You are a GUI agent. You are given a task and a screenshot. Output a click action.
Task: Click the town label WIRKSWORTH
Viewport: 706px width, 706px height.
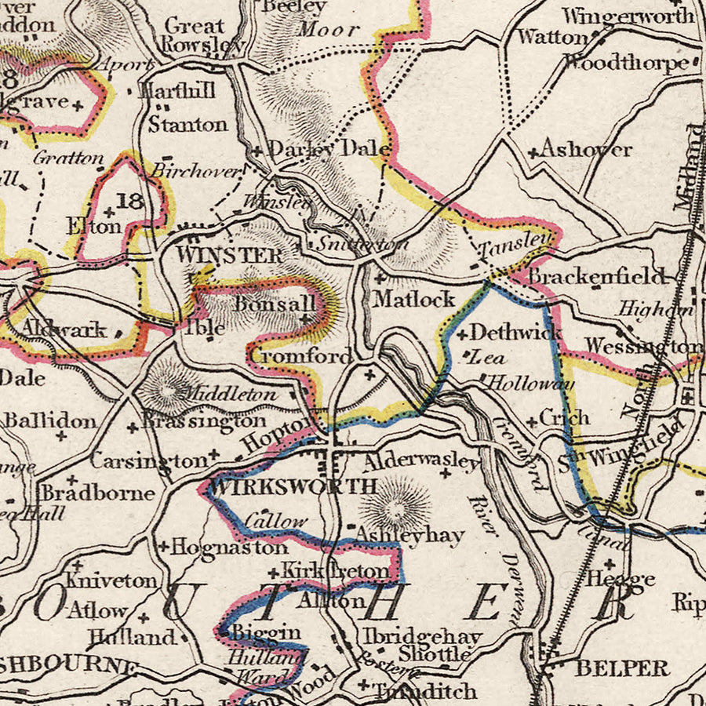[294, 486]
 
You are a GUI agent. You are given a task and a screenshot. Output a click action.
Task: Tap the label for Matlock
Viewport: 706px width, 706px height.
[414, 299]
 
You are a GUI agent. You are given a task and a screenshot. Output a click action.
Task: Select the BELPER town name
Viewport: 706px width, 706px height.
[621, 668]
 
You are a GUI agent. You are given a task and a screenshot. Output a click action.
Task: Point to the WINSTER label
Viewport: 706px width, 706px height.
[229, 255]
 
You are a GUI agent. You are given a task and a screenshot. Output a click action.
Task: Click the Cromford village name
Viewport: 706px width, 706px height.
[300, 356]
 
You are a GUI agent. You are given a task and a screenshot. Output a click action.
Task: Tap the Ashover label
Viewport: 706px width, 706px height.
[586, 149]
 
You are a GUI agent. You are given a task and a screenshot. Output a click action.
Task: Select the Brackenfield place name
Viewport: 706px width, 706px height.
[596, 276]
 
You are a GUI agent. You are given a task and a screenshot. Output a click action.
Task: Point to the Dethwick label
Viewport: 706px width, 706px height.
[515, 332]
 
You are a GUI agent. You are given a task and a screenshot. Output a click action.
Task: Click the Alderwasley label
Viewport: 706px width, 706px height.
[421, 461]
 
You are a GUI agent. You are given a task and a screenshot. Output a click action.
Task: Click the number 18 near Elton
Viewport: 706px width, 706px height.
[129, 202]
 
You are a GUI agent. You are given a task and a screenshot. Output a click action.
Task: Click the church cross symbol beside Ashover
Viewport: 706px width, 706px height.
[533, 153]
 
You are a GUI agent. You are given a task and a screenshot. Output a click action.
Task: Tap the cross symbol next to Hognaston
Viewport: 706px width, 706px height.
[163, 547]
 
